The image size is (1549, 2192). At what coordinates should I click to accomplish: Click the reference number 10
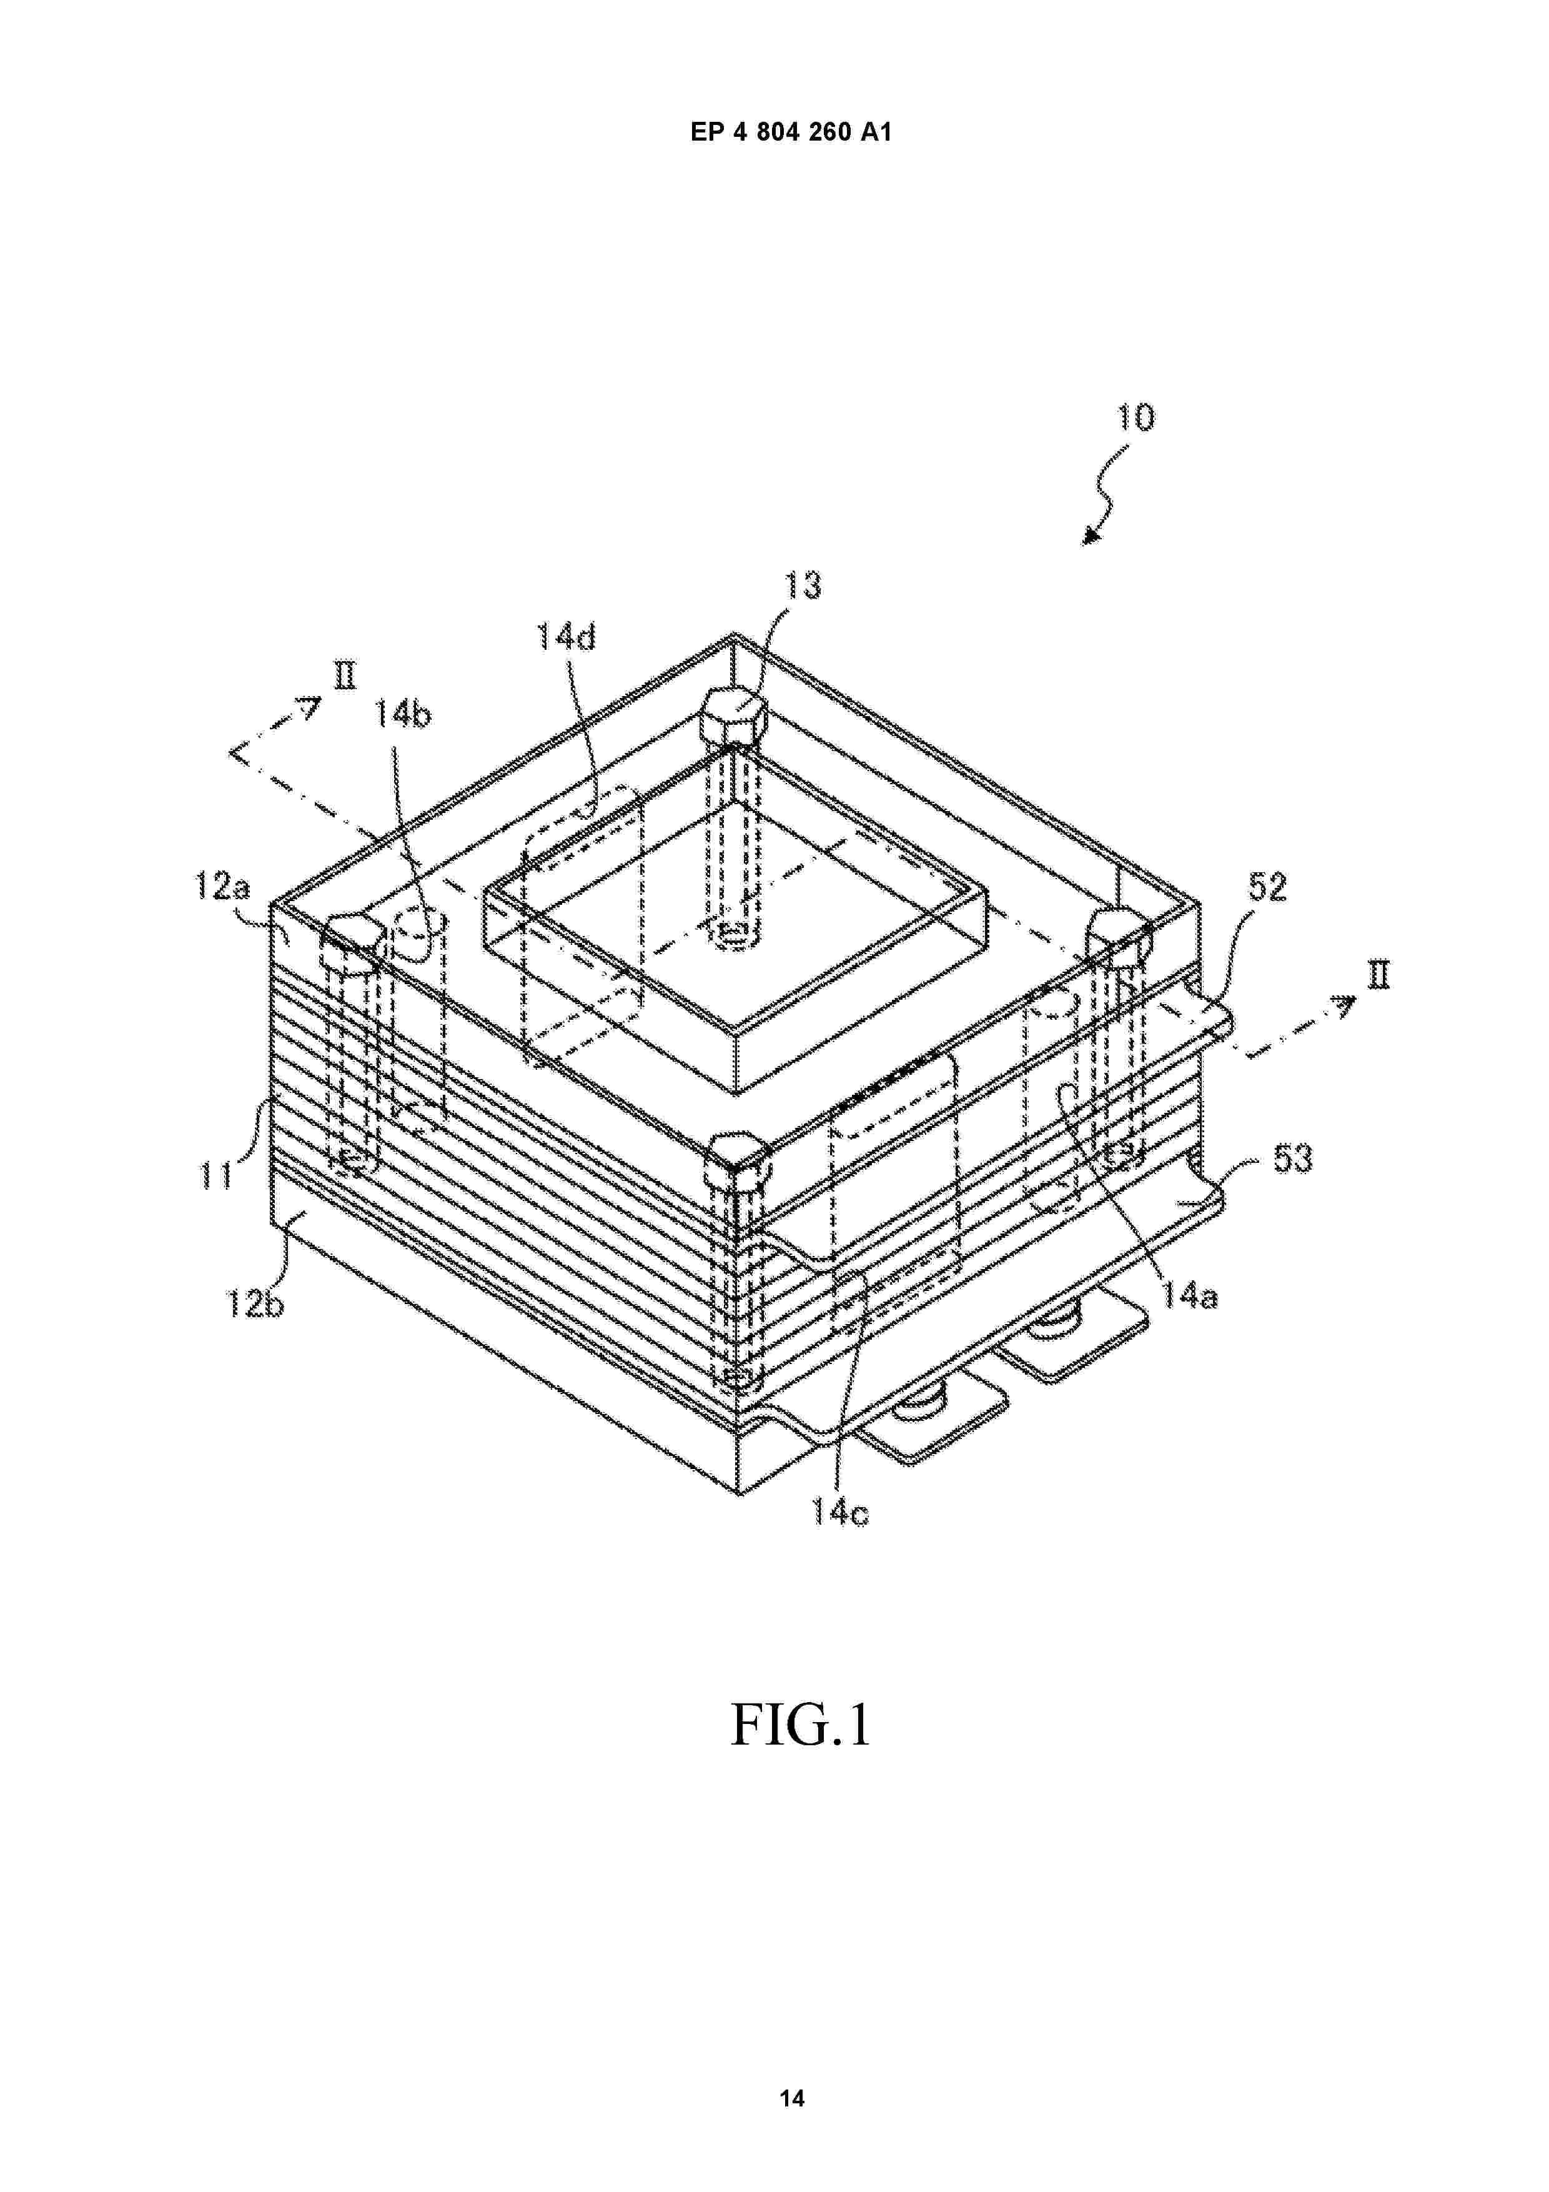click(1136, 417)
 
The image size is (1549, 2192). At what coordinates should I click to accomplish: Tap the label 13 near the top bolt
click(803, 585)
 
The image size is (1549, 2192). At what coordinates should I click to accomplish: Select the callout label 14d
click(565, 636)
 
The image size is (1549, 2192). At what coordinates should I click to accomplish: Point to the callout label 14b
click(401, 712)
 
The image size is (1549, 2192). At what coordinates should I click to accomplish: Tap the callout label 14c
click(840, 1512)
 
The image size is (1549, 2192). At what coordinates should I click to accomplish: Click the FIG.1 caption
click(801, 1725)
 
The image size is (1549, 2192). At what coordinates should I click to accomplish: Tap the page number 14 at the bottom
click(791, 2063)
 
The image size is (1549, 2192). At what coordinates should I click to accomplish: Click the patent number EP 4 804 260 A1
click(791, 132)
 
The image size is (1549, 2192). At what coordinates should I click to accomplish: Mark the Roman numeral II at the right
click(1378, 975)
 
